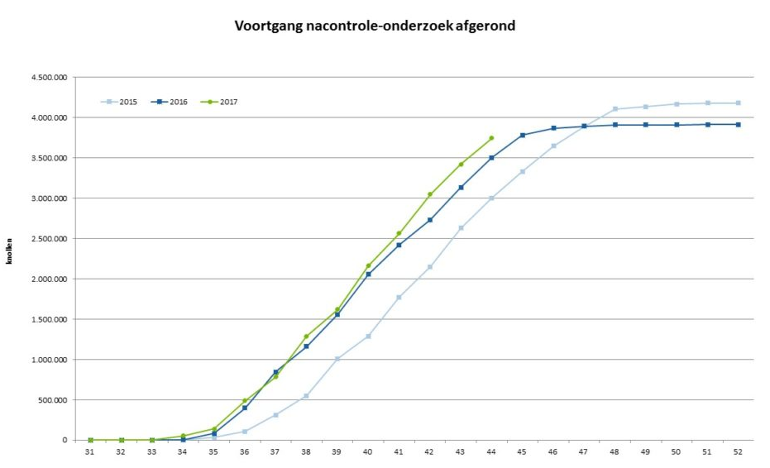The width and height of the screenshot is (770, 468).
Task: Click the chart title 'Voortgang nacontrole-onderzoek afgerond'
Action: coord(375,26)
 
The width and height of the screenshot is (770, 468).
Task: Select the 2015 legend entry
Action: coord(120,102)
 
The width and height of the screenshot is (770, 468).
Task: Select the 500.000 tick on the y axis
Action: coord(52,400)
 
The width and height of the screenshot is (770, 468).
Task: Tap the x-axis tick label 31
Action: coord(90,451)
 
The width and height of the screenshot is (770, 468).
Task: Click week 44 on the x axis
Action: coord(491,451)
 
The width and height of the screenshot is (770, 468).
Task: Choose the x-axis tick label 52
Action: coord(738,451)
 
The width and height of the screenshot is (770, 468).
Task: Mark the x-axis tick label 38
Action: coord(306,451)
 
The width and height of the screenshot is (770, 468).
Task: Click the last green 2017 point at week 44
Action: coord(491,138)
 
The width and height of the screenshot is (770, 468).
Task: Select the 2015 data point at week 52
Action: coord(738,103)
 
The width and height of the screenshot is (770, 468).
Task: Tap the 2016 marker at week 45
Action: coord(522,135)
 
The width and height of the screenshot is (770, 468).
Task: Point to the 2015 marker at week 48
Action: coord(615,109)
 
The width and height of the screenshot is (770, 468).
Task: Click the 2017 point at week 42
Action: coord(429,194)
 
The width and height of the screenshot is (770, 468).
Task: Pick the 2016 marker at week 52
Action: coord(738,124)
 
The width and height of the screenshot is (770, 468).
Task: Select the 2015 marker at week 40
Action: coord(368,337)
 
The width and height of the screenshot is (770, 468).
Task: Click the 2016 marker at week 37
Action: coord(275,372)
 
